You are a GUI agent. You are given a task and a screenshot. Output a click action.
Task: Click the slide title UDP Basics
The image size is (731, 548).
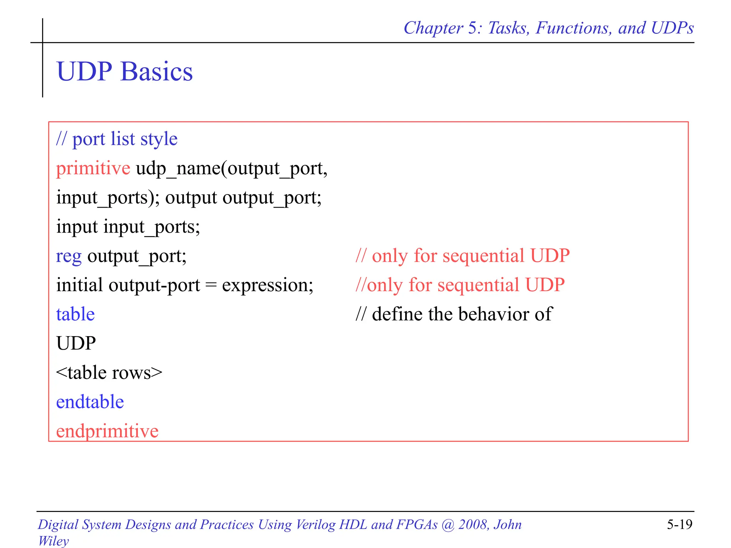pyautogui.click(x=125, y=71)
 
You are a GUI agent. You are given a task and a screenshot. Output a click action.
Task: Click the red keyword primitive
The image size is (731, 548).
pyautogui.click(x=93, y=168)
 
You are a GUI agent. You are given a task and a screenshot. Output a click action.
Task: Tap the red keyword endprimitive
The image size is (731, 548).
pyautogui.click(x=107, y=431)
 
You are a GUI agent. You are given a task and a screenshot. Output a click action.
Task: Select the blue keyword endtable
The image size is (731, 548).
pyautogui.click(x=90, y=402)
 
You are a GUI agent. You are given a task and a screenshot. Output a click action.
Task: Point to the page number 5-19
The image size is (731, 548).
pyautogui.click(x=679, y=524)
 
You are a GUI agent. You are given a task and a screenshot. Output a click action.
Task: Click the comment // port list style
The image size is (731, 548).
pyautogui.click(x=117, y=139)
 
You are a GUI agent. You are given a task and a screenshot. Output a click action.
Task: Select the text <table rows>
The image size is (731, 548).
pyautogui.click(x=109, y=373)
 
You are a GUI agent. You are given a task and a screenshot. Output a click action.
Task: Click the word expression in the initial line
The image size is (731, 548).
pyautogui.click(x=267, y=285)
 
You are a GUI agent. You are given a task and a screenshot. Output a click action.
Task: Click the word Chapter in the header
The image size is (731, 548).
pyautogui.click(x=433, y=28)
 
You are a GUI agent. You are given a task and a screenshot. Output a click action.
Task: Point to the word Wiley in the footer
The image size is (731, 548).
pyautogui.click(x=54, y=541)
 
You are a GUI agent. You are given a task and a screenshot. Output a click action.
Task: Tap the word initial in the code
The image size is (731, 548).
pyautogui.click(x=80, y=285)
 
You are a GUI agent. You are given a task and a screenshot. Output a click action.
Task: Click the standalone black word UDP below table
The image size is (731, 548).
pyautogui.click(x=76, y=344)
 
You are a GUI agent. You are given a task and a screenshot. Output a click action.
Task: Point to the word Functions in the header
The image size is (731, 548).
pyautogui.click(x=573, y=28)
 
